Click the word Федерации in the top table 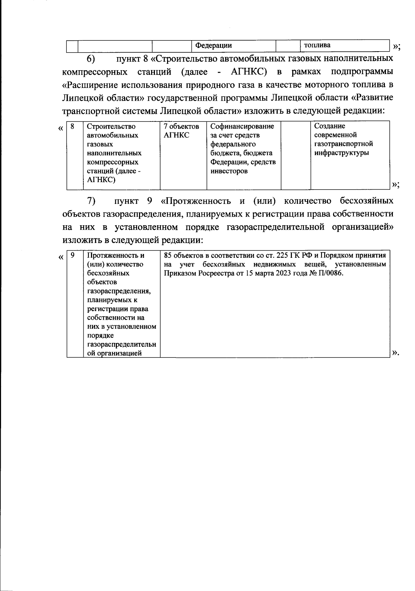[x=214, y=46]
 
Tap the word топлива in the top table [x=317, y=45]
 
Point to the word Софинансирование [x=242, y=126]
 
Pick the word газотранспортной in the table [x=343, y=144]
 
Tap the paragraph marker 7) [x=91, y=201]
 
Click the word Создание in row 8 [x=330, y=126]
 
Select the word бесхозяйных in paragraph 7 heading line [x=367, y=201]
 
